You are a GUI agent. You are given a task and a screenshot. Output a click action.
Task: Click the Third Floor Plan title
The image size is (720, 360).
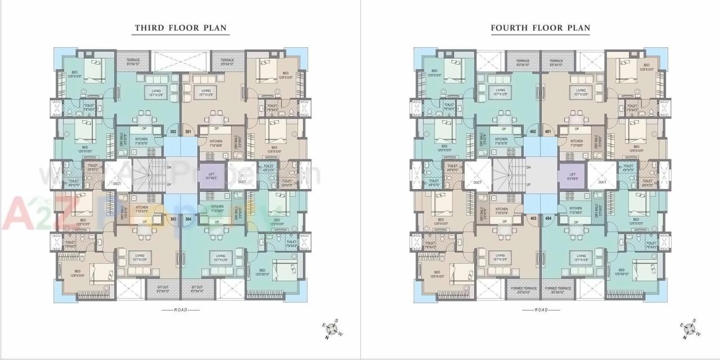tap(180, 28)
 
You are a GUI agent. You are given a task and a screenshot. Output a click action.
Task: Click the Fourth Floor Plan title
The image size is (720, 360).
tap(540, 28)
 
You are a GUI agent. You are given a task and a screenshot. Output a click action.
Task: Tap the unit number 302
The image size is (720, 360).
tap(173, 132)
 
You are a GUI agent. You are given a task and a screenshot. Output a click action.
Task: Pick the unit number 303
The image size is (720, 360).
tap(173, 219)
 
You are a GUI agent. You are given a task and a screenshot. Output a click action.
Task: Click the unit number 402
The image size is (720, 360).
tap(533, 132)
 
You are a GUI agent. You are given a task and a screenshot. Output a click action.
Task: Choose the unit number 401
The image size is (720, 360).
tap(548, 132)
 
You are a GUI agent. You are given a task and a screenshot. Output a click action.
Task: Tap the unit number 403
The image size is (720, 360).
tap(533, 219)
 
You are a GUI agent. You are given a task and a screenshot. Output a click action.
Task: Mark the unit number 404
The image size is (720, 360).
tap(548, 219)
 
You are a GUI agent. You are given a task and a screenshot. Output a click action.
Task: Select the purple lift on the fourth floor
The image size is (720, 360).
tap(571, 175)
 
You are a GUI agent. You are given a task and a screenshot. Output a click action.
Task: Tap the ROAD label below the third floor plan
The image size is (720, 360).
tap(180, 310)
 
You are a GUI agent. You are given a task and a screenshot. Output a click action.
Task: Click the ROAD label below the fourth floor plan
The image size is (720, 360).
tap(540, 310)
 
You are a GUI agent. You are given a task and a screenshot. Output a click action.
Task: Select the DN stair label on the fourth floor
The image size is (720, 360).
tap(528, 168)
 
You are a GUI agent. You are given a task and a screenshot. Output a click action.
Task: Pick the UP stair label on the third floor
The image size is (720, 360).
tap(169, 184)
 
